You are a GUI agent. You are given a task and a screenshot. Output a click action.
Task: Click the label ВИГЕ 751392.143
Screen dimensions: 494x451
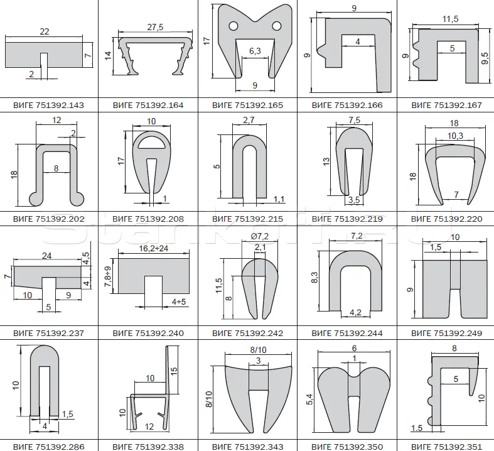click(x=48, y=105)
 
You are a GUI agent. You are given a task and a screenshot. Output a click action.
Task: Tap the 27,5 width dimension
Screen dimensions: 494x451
click(x=155, y=27)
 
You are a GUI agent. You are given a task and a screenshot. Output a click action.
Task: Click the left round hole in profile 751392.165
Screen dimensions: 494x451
click(x=234, y=26)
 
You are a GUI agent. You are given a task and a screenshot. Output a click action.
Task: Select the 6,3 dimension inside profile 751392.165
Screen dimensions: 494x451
click(x=255, y=50)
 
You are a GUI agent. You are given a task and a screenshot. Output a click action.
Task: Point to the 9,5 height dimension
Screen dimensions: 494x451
click(x=485, y=58)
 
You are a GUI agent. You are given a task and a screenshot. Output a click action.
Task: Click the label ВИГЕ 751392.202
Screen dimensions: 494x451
click(x=48, y=219)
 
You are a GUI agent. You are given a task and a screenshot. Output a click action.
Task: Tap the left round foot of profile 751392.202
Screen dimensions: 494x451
click(x=36, y=199)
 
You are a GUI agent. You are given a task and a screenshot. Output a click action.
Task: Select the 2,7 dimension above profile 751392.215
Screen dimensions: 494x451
click(x=249, y=121)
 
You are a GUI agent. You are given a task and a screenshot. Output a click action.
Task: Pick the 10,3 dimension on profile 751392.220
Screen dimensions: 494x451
click(x=455, y=136)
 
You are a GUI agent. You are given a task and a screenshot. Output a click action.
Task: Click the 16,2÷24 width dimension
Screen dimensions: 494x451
click(x=154, y=248)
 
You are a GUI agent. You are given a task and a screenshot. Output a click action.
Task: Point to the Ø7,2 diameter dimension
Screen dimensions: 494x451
click(x=260, y=236)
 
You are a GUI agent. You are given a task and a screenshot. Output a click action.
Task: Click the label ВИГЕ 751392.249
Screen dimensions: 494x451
click(x=446, y=333)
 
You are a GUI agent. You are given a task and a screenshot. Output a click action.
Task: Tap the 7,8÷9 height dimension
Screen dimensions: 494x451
click(x=108, y=276)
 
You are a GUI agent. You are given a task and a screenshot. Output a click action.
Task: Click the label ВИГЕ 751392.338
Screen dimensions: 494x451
click(x=148, y=447)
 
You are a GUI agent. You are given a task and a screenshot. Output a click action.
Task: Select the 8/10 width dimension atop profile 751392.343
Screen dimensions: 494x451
click(x=258, y=350)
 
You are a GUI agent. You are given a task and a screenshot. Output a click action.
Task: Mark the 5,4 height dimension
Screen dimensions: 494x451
click(x=310, y=399)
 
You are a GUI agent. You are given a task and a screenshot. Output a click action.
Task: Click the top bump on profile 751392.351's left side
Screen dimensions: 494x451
click(x=429, y=381)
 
